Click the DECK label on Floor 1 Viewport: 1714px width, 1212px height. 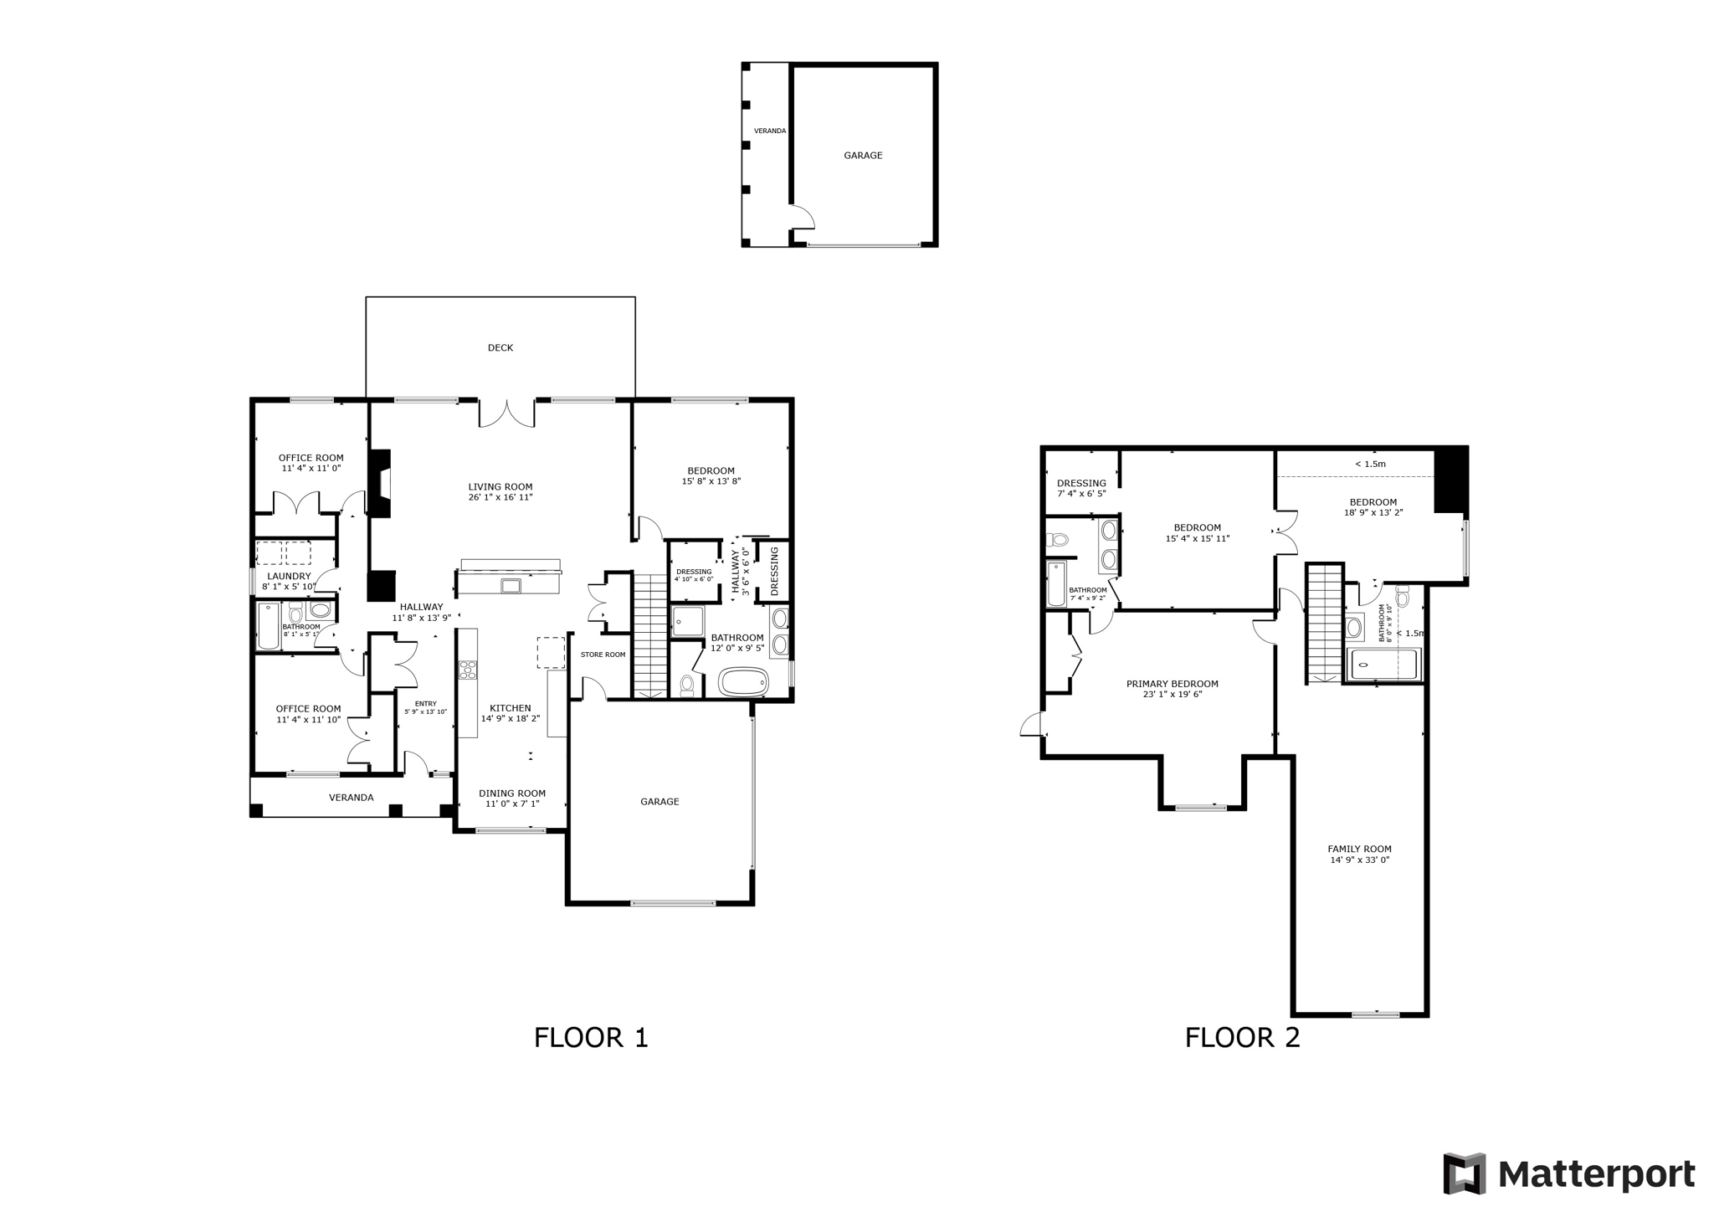click(x=500, y=347)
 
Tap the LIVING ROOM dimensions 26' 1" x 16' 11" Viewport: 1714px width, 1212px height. click(x=500, y=497)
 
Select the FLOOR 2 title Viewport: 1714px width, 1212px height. click(x=1242, y=1038)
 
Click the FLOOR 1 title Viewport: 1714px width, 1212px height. click(x=591, y=1038)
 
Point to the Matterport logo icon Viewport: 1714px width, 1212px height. click(x=1464, y=1173)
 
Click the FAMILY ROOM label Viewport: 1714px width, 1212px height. click(x=1359, y=849)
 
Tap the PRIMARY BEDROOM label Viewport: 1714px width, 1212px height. click(x=1172, y=684)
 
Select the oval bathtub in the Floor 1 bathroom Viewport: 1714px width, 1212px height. click(x=743, y=682)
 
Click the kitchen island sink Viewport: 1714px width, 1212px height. click(x=511, y=585)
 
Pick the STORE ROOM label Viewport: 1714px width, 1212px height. click(x=603, y=655)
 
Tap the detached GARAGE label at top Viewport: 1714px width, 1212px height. click(x=863, y=156)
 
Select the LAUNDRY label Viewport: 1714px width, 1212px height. click(x=289, y=576)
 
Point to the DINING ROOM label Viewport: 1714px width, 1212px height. click(x=512, y=793)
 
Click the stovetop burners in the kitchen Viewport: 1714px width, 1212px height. click(x=468, y=670)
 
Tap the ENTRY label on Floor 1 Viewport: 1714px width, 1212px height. click(x=425, y=703)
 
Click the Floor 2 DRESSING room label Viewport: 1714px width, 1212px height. click(x=1081, y=483)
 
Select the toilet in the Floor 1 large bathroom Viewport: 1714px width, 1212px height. click(x=687, y=686)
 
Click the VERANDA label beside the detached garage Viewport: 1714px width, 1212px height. click(x=769, y=131)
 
